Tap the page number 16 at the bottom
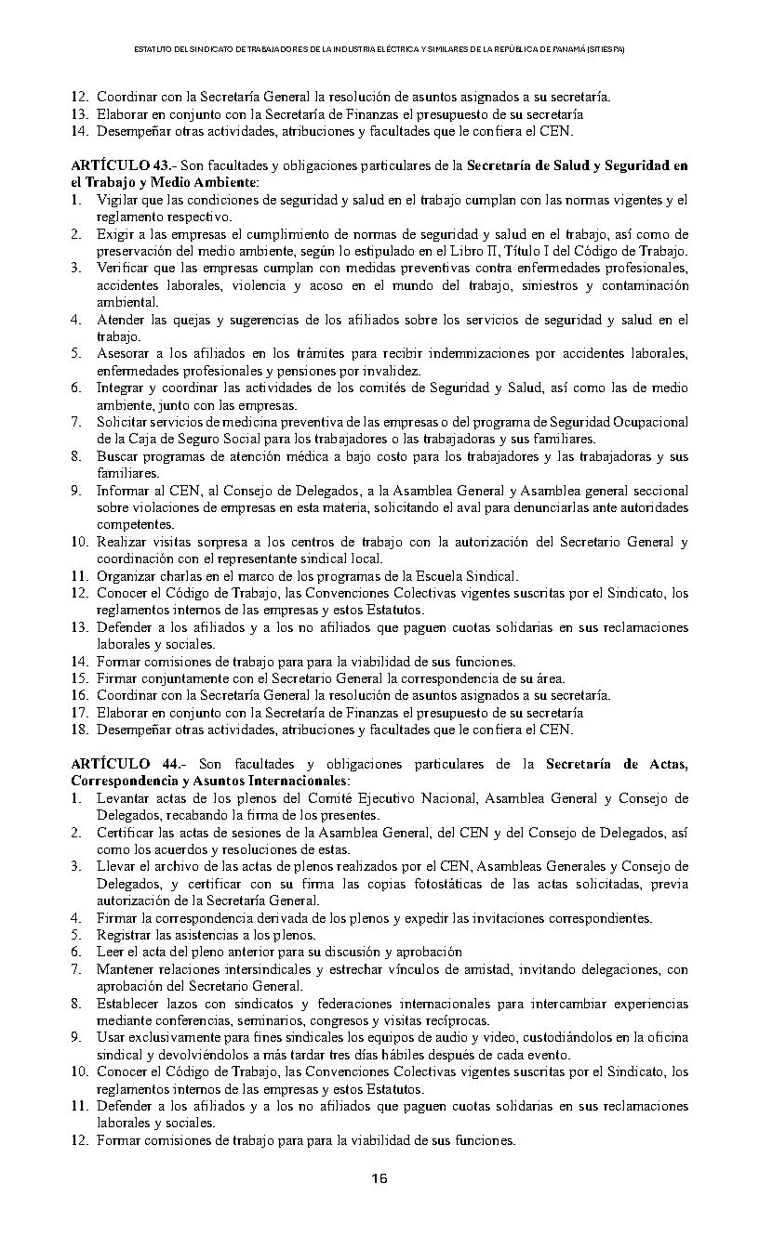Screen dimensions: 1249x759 click(x=379, y=1179)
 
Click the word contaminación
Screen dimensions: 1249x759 click(x=646, y=285)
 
